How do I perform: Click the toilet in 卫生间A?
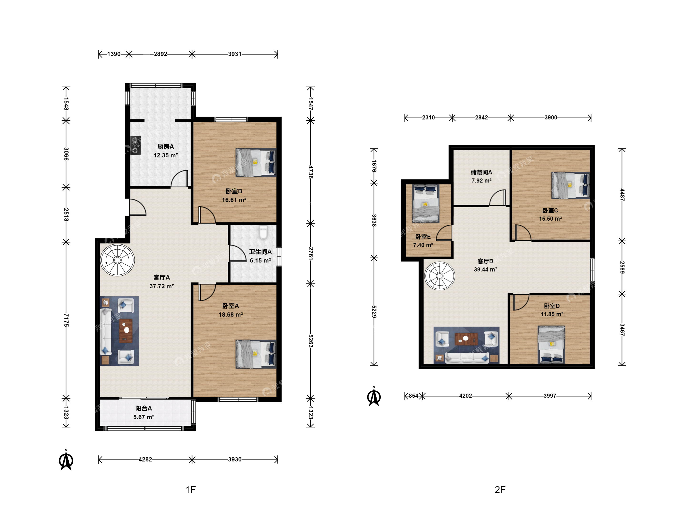[x=263, y=232]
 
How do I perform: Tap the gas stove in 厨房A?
[x=135, y=145]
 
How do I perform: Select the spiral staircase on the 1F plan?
[x=117, y=260]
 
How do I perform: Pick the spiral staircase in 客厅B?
[x=439, y=276]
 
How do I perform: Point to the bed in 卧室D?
[x=551, y=345]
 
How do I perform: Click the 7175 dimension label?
[x=66, y=320]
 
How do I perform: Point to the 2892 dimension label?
[x=160, y=54]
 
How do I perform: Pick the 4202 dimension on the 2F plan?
[x=465, y=396]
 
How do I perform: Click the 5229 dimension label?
[x=374, y=311]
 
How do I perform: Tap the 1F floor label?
[x=191, y=489]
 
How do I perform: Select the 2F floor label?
[x=500, y=489]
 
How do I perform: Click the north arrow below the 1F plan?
[x=66, y=460]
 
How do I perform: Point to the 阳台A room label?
[x=144, y=408]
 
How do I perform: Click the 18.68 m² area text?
[x=231, y=315]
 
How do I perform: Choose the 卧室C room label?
[x=550, y=210]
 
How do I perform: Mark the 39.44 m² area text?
[x=485, y=269]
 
